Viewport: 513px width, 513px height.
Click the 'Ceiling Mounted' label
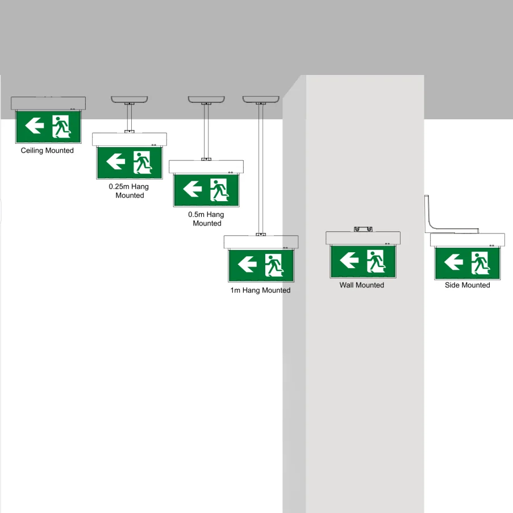47,151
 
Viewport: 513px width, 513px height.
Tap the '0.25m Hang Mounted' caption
129,191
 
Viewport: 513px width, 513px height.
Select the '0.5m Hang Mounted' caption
206,219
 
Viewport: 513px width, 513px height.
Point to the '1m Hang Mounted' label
260,290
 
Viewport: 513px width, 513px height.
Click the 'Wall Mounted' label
362,285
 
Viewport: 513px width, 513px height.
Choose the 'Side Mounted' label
467,285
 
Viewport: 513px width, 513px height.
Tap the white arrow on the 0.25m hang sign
116,161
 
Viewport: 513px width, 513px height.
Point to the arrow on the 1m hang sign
248,264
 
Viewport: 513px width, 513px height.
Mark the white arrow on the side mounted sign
453,262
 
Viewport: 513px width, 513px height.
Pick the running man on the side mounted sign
480,262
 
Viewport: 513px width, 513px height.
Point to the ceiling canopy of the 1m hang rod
261,99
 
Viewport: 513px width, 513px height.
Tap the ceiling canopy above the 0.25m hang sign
130,99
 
